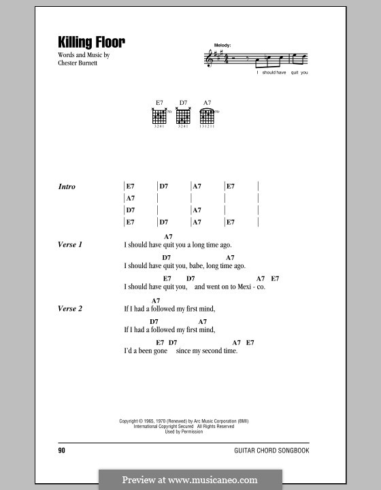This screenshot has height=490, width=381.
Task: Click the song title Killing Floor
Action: (x=92, y=42)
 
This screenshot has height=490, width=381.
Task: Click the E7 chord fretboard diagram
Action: (x=159, y=116)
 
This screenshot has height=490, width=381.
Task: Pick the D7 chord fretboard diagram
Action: (x=182, y=116)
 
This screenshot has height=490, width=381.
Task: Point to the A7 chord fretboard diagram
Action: (x=208, y=116)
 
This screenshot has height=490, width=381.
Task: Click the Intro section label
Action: (x=67, y=186)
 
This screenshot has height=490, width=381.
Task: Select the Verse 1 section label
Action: (x=70, y=245)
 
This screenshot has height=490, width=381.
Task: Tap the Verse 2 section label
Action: (x=70, y=309)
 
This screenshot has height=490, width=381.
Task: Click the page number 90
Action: (x=62, y=451)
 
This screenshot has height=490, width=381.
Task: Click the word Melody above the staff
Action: (x=222, y=45)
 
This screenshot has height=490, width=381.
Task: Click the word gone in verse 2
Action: (x=161, y=351)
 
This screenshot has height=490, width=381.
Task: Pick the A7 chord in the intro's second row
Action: (x=130, y=198)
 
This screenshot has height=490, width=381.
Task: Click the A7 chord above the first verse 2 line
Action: (x=156, y=300)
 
